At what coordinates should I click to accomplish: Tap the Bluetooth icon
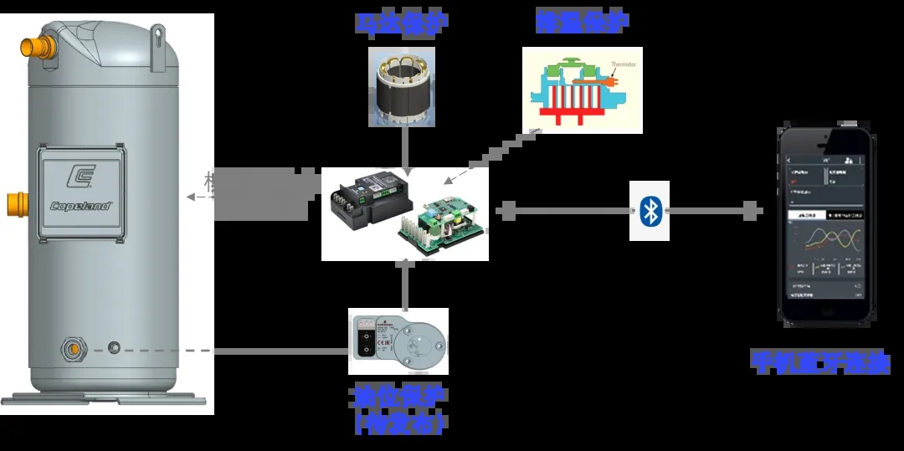point(650,211)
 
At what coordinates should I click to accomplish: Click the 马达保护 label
point(400,23)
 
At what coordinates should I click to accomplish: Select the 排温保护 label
point(583,23)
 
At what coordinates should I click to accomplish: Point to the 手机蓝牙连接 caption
point(819,363)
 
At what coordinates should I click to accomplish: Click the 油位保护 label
point(398,396)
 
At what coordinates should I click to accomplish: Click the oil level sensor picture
point(398,341)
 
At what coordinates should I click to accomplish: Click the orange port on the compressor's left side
point(15,203)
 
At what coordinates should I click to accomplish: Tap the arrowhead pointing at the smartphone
point(753,211)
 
